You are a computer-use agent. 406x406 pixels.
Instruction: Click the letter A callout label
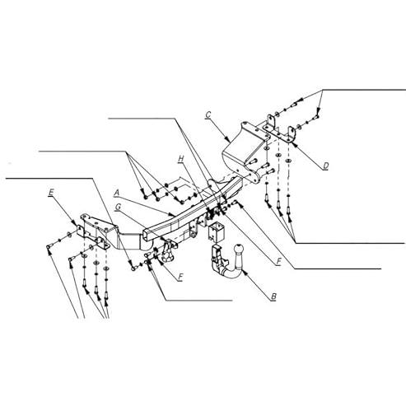pyautogui.click(x=117, y=193)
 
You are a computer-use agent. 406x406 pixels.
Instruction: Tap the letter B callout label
pyautogui.click(x=273, y=296)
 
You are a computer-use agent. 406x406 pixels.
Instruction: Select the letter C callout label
pyautogui.click(x=208, y=114)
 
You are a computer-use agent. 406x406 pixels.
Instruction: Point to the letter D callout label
pyautogui.click(x=325, y=166)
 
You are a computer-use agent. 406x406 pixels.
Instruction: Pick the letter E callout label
pyautogui.click(x=51, y=193)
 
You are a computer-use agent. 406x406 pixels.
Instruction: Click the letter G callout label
pyautogui.click(x=118, y=207)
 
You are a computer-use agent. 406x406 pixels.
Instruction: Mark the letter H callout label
pyautogui.click(x=181, y=159)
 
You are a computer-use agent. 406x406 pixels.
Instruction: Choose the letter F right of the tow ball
pyautogui.click(x=278, y=262)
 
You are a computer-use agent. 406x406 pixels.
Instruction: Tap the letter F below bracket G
pyautogui.click(x=180, y=277)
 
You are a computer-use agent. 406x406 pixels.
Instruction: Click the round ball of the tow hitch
pyautogui.click(x=238, y=250)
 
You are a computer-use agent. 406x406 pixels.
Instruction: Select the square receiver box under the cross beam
pyautogui.click(x=216, y=231)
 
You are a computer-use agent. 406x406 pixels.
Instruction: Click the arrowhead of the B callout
pyautogui.click(x=242, y=272)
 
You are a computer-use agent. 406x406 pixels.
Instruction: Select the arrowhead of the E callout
pyautogui.click(x=74, y=223)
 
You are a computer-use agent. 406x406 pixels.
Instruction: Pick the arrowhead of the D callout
pyautogui.click(x=294, y=143)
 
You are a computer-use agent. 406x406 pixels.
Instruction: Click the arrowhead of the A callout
pyautogui.click(x=172, y=214)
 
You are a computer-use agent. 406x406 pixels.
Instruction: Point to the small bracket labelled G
pyautogui.click(x=168, y=250)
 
